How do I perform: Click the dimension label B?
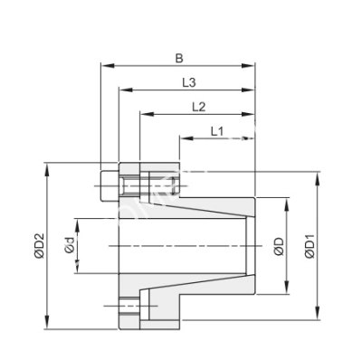(x=179, y=59)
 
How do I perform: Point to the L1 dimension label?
(x=217, y=131)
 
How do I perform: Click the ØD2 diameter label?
(x=38, y=247)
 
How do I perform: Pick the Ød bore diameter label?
(x=68, y=244)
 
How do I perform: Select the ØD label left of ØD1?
(x=280, y=246)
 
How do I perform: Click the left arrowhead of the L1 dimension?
(x=184, y=138)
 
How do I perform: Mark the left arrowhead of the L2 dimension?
(x=143, y=114)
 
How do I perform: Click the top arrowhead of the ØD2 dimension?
(x=46, y=166)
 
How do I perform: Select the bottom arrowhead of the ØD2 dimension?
(x=46, y=327)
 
